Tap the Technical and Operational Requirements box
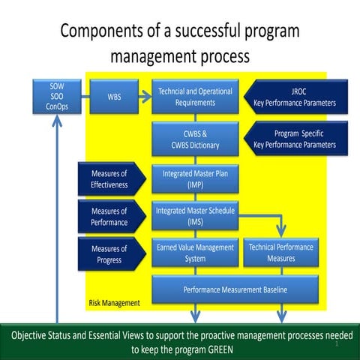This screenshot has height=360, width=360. point(195,97)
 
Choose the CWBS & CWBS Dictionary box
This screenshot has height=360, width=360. point(195,139)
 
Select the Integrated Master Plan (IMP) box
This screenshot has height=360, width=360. point(195,179)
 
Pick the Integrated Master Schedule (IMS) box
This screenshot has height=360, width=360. point(195,216)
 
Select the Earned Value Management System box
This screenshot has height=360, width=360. point(195,253)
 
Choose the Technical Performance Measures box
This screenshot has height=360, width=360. point(281,253)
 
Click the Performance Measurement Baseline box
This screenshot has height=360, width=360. point(238,289)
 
